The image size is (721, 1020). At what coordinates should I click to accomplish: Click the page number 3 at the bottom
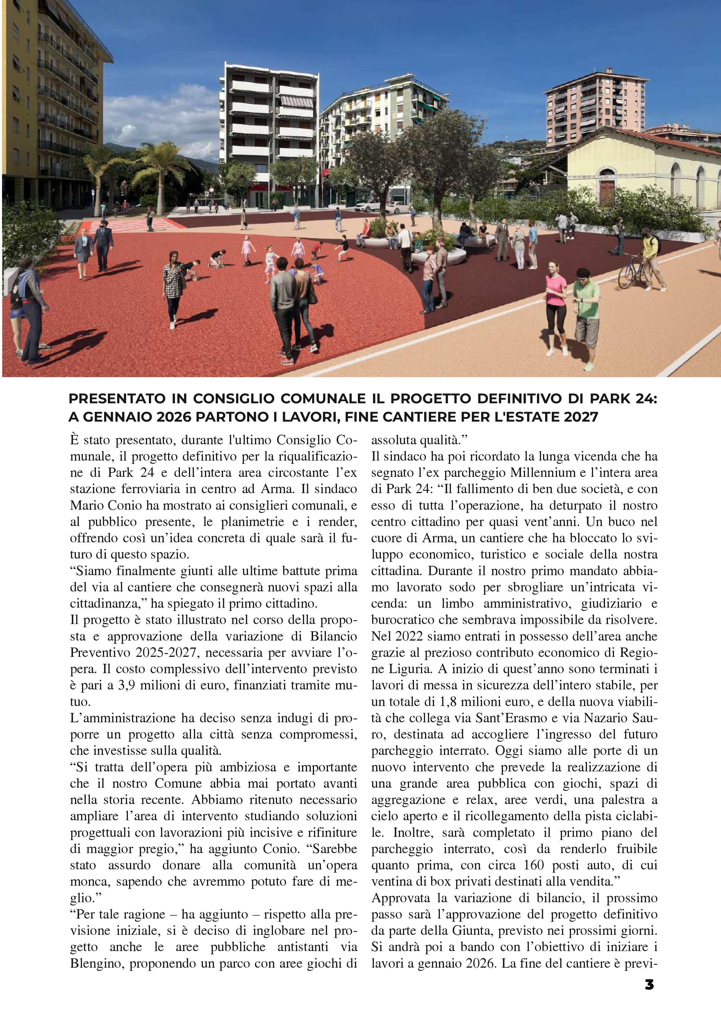(649, 985)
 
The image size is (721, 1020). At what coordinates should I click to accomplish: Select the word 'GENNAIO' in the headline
(119, 417)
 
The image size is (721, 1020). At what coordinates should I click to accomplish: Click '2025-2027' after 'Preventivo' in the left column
(168, 652)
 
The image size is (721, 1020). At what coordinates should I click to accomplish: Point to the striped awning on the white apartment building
(296, 101)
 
